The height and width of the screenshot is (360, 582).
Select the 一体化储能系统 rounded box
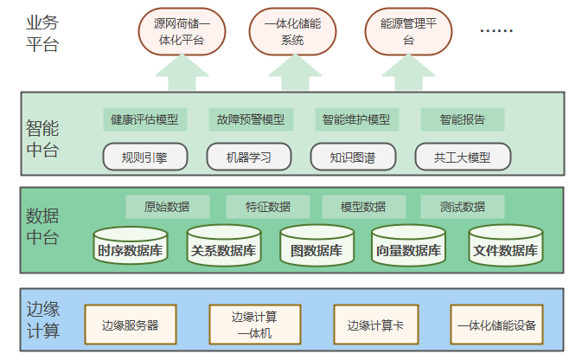coord(292,33)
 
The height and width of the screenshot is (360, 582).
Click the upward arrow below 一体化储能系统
coord(292,73)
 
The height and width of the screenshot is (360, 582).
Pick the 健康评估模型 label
coord(144,119)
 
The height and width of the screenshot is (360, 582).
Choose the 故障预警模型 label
coord(251,119)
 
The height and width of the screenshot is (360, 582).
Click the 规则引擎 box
coord(144,157)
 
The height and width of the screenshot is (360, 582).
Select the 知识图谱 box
coord(353,157)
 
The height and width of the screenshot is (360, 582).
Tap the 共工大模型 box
coord(463,157)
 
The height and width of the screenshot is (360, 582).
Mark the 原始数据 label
coord(167,207)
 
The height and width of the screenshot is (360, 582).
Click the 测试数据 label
coord(463,207)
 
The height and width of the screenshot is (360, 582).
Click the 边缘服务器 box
coord(130,325)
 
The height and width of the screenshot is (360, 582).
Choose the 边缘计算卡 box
coord(376,325)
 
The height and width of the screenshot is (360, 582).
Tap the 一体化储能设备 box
coord(496,325)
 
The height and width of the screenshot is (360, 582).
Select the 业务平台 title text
coord(42,33)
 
